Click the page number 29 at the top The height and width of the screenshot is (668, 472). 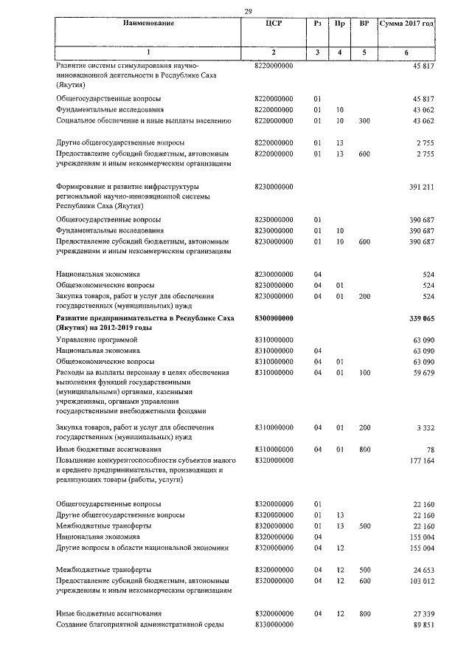(x=249, y=10)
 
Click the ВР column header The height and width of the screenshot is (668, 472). (x=364, y=24)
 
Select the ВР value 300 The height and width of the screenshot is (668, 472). (x=364, y=120)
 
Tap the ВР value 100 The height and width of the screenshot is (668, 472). (x=364, y=373)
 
